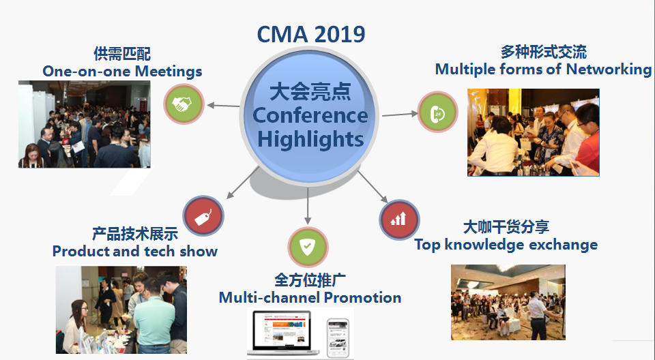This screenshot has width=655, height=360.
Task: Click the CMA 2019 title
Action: [x=311, y=34]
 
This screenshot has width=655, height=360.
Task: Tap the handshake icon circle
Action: [x=184, y=104]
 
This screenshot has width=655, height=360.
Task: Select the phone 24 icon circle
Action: [x=438, y=112]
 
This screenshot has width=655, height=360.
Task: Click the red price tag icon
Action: [x=203, y=216]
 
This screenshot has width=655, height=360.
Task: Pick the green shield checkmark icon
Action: [x=308, y=247]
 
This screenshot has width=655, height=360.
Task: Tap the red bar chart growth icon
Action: [x=399, y=220]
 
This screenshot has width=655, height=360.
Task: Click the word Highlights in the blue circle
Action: [x=310, y=139]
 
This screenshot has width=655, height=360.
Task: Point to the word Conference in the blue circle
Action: [x=310, y=116]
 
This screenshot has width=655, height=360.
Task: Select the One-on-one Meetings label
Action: [x=122, y=72]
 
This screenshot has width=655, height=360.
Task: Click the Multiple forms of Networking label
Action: [x=544, y=70]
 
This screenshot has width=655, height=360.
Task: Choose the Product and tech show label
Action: [x=135, y=252]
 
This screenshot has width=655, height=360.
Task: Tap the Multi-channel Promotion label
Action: [x=310, y=298]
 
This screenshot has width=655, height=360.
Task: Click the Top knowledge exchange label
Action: [x=506, y=245]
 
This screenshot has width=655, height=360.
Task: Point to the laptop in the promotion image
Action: [x=284, y=333]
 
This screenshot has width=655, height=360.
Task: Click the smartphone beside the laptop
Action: [x=338, y=338]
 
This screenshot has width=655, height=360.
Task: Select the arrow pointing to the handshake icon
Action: [x=224, y=106]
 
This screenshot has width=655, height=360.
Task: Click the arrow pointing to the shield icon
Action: [x=308, y=206]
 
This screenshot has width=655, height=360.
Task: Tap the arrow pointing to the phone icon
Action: [x=401, y=114]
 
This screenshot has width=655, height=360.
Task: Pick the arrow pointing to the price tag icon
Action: [x=243, y=183]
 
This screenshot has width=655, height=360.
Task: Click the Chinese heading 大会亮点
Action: [x=310, y=92]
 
